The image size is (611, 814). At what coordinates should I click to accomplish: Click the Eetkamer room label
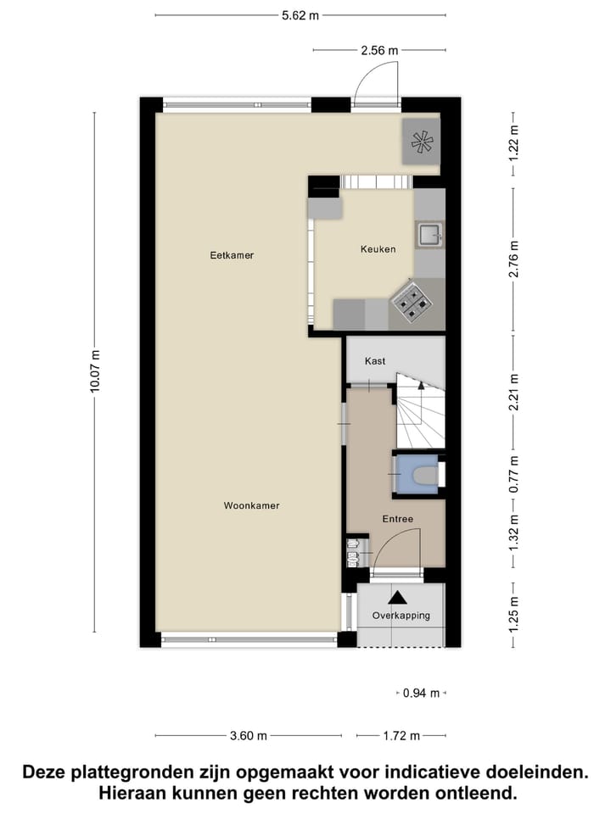point(232,254)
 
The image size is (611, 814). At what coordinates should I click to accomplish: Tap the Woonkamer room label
point(251,505)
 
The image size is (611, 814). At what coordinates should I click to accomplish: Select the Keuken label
point(378,249)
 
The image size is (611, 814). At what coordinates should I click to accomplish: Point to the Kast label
point(375,361)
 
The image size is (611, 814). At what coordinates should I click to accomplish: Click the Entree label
point(397,519)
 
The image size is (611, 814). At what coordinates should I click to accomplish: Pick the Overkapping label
point(401,616)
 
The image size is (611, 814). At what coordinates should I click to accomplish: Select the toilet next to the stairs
point(422,474)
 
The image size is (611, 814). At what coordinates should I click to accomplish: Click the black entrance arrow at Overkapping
point(397,599)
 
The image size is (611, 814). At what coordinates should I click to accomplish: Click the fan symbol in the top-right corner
point(422,142)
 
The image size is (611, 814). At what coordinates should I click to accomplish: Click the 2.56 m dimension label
point(378,50)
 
